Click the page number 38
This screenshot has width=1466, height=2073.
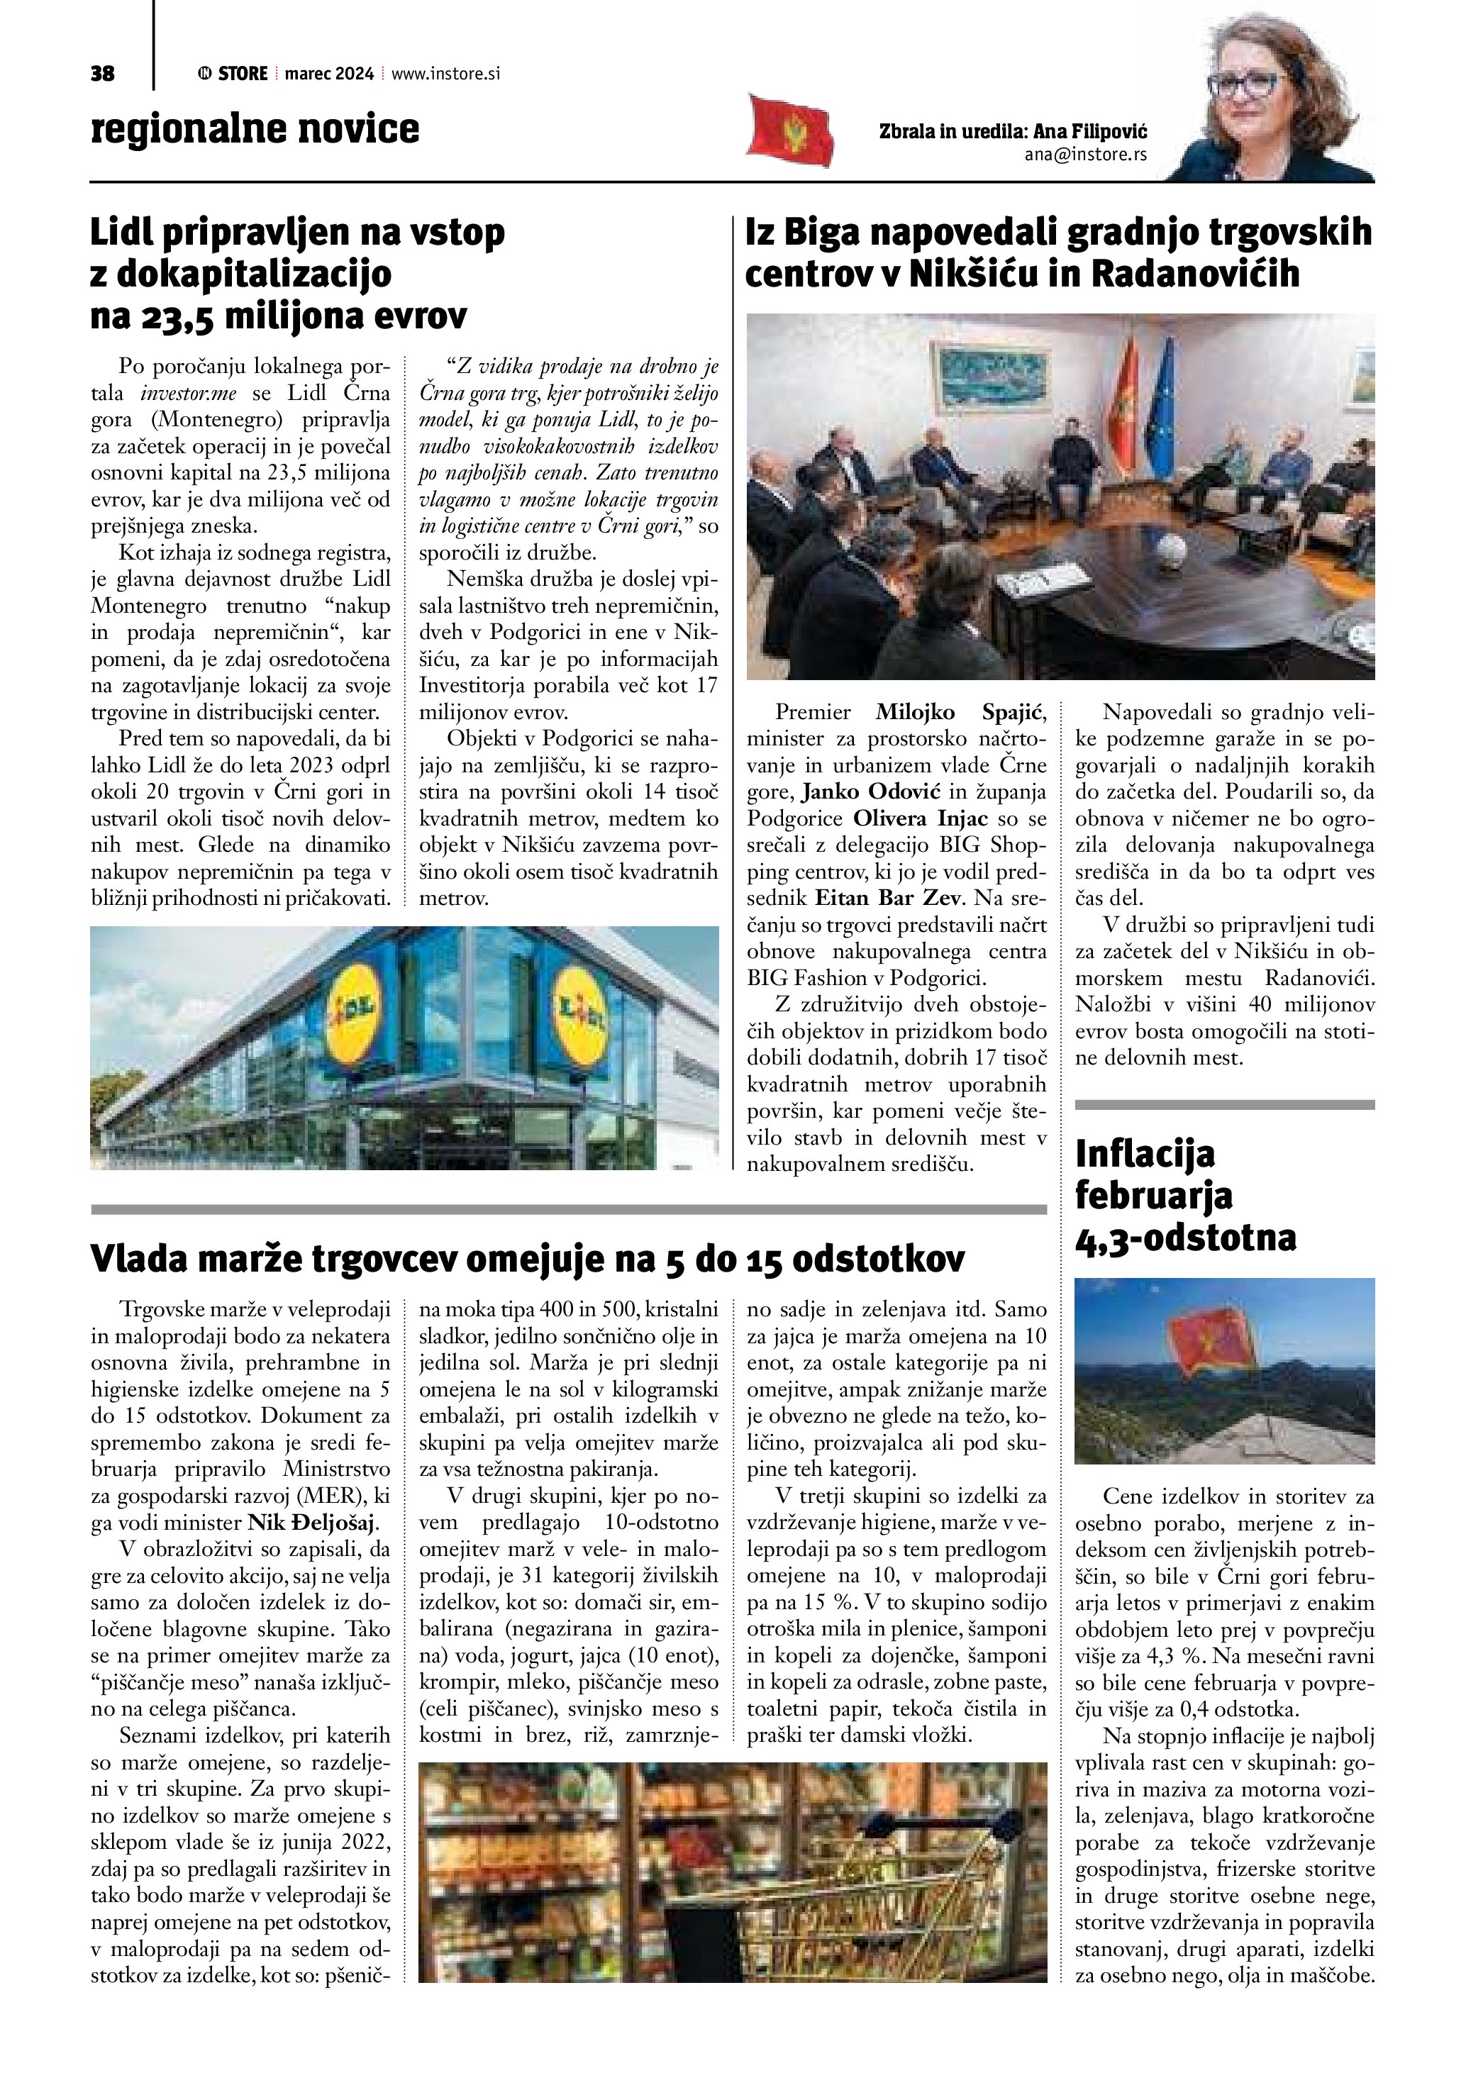tap(102, 74)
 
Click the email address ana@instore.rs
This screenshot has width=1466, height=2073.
tap(1085, 155)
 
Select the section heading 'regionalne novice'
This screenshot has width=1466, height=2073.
tap(255, 129)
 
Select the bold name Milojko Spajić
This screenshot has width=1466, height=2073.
tap(960, 712)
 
